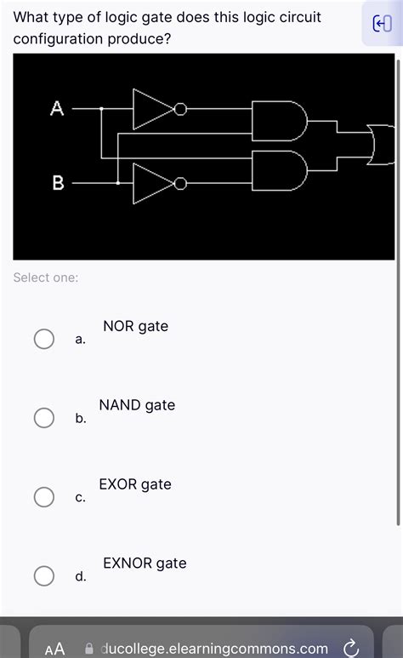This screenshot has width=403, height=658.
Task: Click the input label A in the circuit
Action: tap(57, 108)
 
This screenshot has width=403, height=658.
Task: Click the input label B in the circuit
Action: tap(58, 182)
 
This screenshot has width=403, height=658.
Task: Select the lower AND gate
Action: tap(279, 171)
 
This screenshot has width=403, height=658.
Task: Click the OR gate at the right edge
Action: tap(382, 144)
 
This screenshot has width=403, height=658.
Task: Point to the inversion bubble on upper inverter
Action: tap(179, 109)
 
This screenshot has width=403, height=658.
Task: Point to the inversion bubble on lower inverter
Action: tap(179, 183)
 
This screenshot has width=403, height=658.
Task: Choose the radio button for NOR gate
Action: tap(44, 339)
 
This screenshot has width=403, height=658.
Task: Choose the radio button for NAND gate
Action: tap(44, 418)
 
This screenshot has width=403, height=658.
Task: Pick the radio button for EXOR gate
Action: tap(44, 497)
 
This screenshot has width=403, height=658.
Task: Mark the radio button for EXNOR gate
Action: tap(44, 576)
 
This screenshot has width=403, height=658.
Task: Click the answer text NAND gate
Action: tap(137, 405)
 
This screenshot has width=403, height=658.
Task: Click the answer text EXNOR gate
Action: tap(145, 563)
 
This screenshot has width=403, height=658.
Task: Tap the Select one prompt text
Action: tap(46, 278)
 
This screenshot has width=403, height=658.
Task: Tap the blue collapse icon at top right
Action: tap(382, 25)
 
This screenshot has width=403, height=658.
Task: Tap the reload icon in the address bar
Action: tap(349, 648)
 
